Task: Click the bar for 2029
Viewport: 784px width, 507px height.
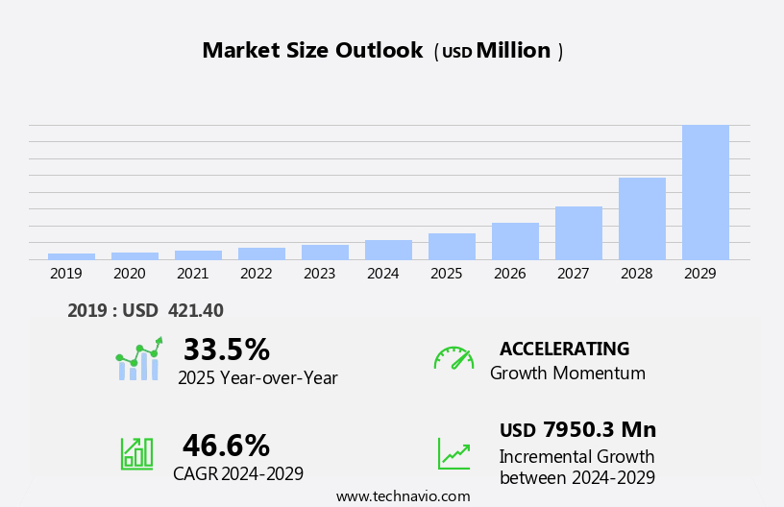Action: [705, 192]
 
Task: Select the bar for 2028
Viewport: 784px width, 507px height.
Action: [642, 218]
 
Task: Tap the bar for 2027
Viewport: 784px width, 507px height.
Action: [578, 232]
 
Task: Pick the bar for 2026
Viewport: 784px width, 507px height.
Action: [515, 241]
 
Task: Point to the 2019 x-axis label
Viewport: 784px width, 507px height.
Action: [66, 274]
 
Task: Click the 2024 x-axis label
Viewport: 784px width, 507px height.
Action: [382, 274]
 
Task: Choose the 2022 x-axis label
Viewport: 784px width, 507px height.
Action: [256, 274]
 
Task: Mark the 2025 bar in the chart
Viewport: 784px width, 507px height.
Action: [452, 246]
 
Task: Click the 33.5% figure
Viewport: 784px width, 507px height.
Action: [226, 350]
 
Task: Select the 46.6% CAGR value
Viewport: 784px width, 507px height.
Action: [226, 446]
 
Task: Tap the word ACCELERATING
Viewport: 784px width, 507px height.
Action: [564, 349]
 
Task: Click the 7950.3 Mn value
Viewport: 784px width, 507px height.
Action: [600, 429]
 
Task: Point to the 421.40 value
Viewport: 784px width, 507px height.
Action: [195, 310]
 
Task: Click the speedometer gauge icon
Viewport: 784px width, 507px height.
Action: [453, 358]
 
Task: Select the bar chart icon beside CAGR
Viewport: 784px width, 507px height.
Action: [136, 452]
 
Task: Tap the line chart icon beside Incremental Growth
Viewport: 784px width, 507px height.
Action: [453, 453]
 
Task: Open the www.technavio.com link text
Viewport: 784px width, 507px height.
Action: [403, 496]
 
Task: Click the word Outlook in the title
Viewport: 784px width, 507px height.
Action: [379, 51]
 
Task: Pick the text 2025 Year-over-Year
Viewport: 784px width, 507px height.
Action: [257, 378]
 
